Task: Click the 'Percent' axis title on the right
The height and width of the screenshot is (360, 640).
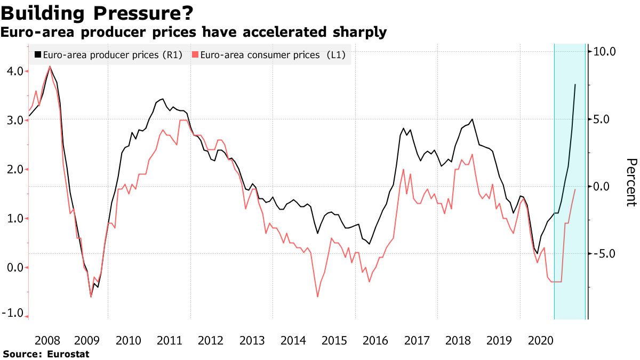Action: (631, 182)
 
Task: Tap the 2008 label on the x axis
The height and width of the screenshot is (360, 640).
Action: (46, 341)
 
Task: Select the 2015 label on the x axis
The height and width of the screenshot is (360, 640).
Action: (334, 341)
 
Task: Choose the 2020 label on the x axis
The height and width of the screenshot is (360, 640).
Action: (540, 341)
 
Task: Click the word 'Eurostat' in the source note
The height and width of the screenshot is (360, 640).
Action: (68, 354)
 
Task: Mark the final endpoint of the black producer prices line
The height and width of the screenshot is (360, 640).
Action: (575, 84)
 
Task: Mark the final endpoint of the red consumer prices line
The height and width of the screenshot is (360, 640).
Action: (575, 189)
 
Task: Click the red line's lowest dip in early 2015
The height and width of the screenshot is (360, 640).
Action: (318, 297)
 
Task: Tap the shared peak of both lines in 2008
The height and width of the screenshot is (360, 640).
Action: (50, 67)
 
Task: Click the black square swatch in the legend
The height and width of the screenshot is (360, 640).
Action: (37, 54)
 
